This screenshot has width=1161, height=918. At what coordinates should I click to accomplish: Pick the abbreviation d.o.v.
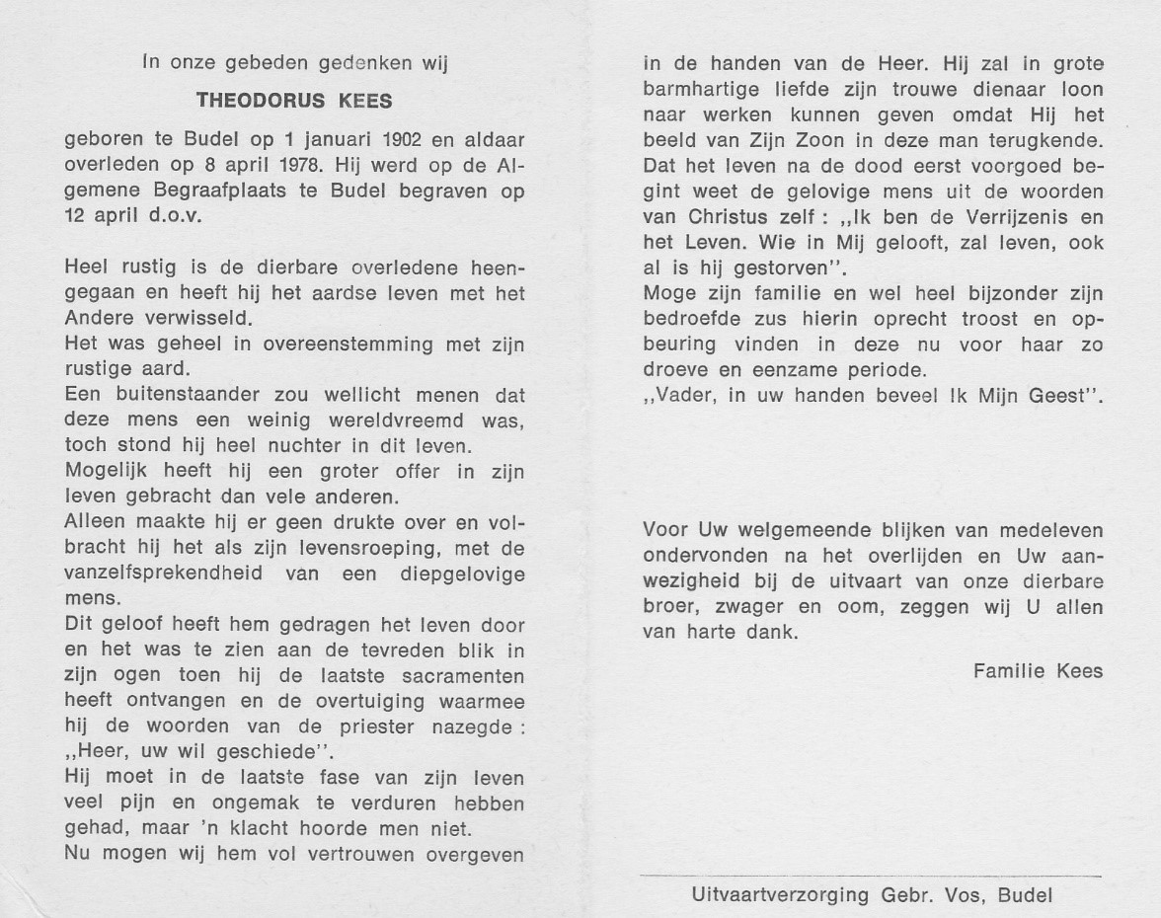(171, 216)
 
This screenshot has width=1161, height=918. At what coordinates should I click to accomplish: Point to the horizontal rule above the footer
(870, 876)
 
